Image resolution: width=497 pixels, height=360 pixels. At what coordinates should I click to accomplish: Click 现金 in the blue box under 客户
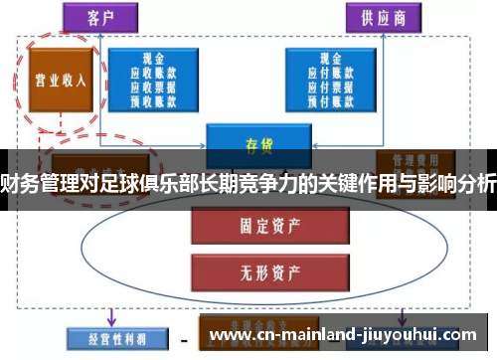point(153,58)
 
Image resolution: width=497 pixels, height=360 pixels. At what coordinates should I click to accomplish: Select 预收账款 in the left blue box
point(153,99)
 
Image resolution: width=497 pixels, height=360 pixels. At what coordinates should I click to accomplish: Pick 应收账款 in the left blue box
point(153,72)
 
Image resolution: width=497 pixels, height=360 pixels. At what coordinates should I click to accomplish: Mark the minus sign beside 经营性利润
point(183,338)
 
